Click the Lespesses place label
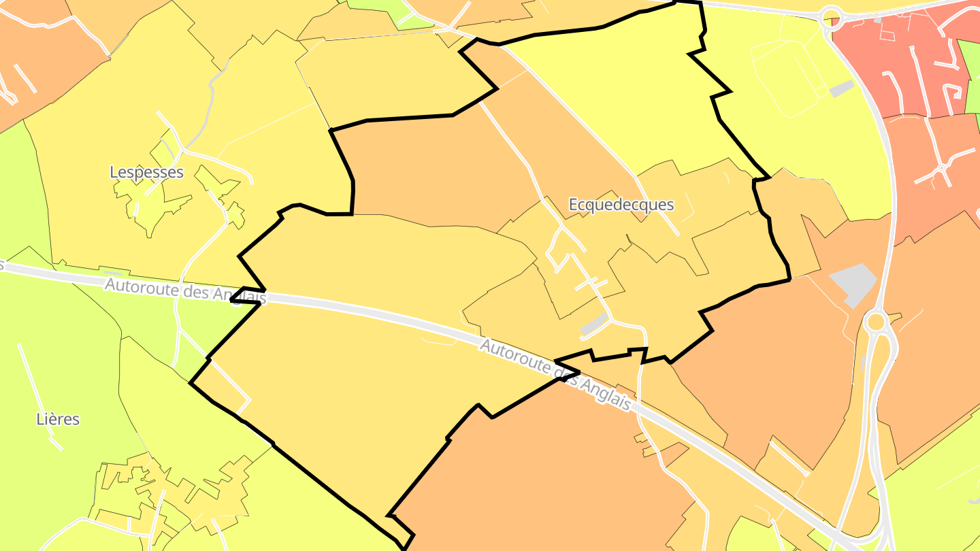pyautogui.click(x=146, y=172)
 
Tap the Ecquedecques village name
pyautogui.click(x=621, y=205)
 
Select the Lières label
pyautogui.click(x=58, y=419)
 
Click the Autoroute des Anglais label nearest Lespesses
pyautogui.click(x=185, y=291)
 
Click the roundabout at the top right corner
pyautogui.click(x=831, y=16)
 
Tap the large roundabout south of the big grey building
pyautogui.click(x=876, y=321)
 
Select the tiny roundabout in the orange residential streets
pyautogui.click(x=942, y=167)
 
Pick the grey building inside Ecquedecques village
pyautogui.click(x=594, y=325)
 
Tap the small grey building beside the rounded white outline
pyautogui.click(x=842, y=88)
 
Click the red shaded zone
pyautogui.click(x=898, y=61)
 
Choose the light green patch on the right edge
pyautogui.click(x=969, y=75)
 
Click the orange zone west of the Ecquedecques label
pyautogui.click(x=436, y=170)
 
